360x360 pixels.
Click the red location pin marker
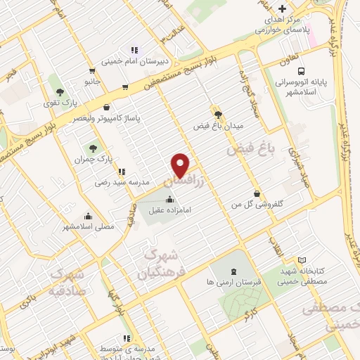pos(181,165)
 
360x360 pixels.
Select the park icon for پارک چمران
pos(92,148)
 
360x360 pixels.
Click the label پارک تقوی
pos(60,103)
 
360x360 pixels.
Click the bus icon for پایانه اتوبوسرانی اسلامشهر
pos(302,72)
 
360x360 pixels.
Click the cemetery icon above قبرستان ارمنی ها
pos(233,271)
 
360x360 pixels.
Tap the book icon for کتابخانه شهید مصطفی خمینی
pos(303,260)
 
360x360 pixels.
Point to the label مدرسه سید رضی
pos(123,181)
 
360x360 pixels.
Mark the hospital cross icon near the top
pos(282,9)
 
